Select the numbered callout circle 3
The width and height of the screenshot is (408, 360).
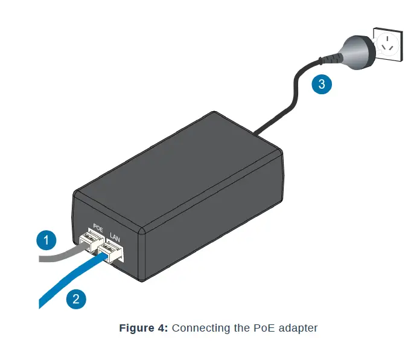322,84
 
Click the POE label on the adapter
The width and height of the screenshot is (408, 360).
98,230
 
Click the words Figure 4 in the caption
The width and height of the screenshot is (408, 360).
144,328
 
